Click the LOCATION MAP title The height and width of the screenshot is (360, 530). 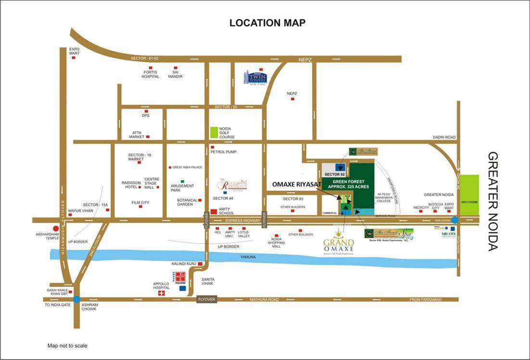(x=267, y=23)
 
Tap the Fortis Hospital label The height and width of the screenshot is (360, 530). (x=150, y=74)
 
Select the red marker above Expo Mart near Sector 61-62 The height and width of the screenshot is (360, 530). (x=74, y=58)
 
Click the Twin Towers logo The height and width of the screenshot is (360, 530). (x=255, y=77)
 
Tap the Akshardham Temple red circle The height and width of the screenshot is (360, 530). (x=56, y=229)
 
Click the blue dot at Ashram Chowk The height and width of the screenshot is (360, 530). (x=76, y=299)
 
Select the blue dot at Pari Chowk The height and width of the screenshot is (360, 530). (x=455, y=220)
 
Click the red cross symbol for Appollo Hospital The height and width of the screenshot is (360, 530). (x=162, y=293)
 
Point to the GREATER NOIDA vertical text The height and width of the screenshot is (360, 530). (x=493, y=201)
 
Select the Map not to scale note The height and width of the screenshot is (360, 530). (x=67, y=346)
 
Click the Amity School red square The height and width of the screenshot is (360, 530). (x=214, y=212)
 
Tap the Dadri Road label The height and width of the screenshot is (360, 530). (x=443, y=137)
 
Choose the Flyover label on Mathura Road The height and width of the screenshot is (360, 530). (x=206, y=299)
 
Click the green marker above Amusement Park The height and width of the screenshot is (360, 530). (x=182, y=180)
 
